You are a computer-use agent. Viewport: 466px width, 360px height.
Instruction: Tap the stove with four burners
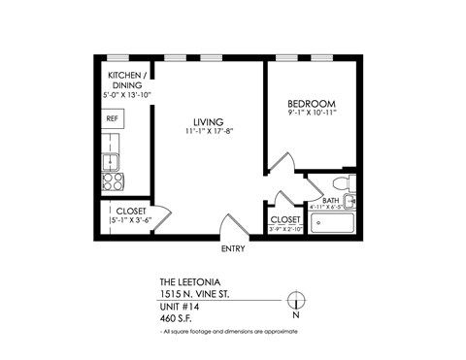coord(114,180)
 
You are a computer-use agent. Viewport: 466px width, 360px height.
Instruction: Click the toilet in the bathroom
coord(343,183)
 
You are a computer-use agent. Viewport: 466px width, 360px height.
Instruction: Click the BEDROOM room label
coord(311,104)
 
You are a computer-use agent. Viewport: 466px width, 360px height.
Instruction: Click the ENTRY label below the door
coord(233,248)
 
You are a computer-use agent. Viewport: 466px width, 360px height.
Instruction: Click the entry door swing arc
coord(231,229)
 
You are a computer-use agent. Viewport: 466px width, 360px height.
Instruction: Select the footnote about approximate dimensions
coord(229,332)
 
